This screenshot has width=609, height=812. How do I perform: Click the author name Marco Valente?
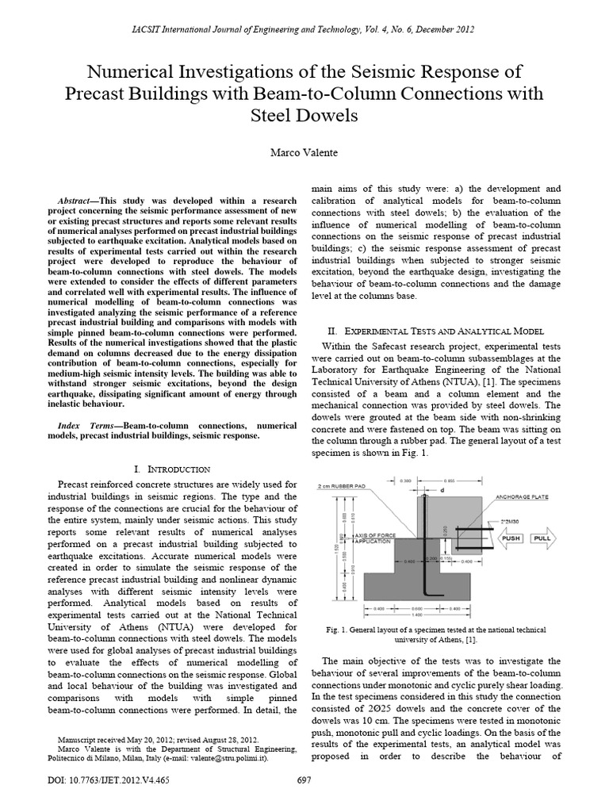(x=304, y=151)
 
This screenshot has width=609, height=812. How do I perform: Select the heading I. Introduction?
(x=172, y=469)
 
